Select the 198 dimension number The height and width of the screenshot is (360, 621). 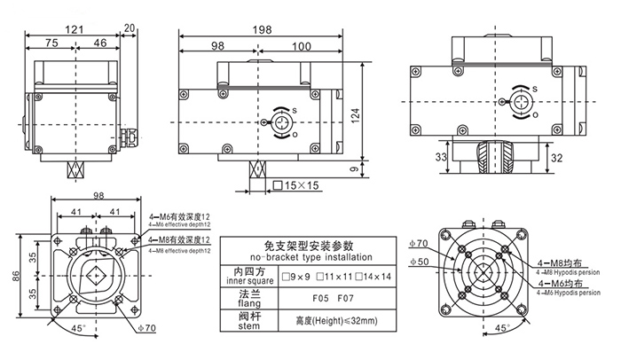261,30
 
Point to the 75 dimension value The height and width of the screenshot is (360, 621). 51,43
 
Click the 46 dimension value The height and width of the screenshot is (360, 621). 100,43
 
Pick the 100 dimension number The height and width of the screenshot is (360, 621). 303,45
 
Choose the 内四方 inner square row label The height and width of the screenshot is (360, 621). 249,275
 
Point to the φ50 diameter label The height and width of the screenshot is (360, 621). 423,262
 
